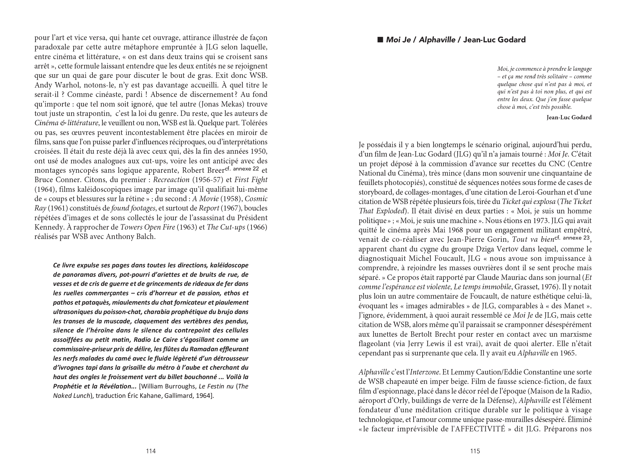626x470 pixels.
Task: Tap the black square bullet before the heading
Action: point(380,40)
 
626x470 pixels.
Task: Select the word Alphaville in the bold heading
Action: point(436,40)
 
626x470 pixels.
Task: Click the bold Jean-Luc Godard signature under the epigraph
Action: point(569,117)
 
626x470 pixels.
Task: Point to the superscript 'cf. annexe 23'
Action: point(573,238)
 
